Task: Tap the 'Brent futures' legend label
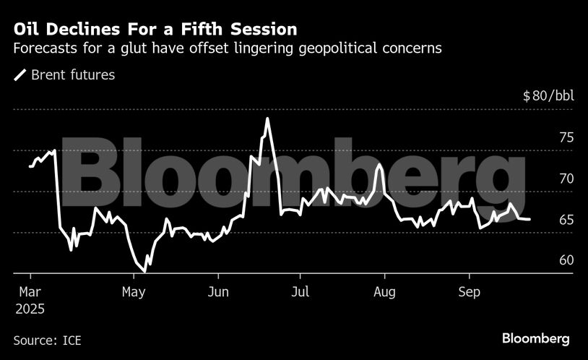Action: pos(72,74)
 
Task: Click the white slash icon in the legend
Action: pos(20,74)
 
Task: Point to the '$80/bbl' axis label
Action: pos(548,96)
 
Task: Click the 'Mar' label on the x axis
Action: pos(30,293)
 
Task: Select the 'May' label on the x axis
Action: pos(134,293)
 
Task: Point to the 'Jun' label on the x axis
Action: pos(218,293)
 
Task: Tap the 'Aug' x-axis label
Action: pos(384,293)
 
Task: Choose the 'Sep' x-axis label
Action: pos(469,293)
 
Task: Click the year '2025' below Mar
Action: pos(29,309)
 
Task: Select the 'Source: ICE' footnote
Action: pos(46,339)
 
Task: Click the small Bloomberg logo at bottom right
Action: pos(536,338)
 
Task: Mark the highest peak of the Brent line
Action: pos(267,119)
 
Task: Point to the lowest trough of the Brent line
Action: pos(144,271)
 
